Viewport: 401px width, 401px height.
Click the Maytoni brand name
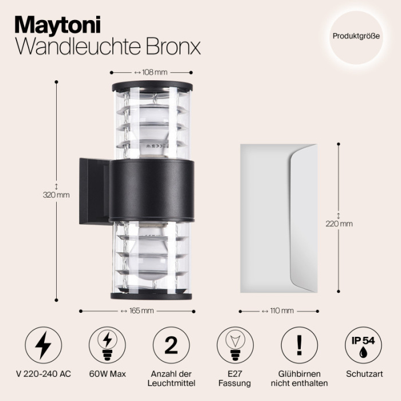(57, 25)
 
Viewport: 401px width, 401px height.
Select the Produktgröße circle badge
(356, 36)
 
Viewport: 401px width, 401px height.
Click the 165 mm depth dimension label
(137, 311)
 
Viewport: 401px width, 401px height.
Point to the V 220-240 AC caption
(44, 374)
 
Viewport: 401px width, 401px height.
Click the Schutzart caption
(362, 374)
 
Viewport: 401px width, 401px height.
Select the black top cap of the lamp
(152, 87)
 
